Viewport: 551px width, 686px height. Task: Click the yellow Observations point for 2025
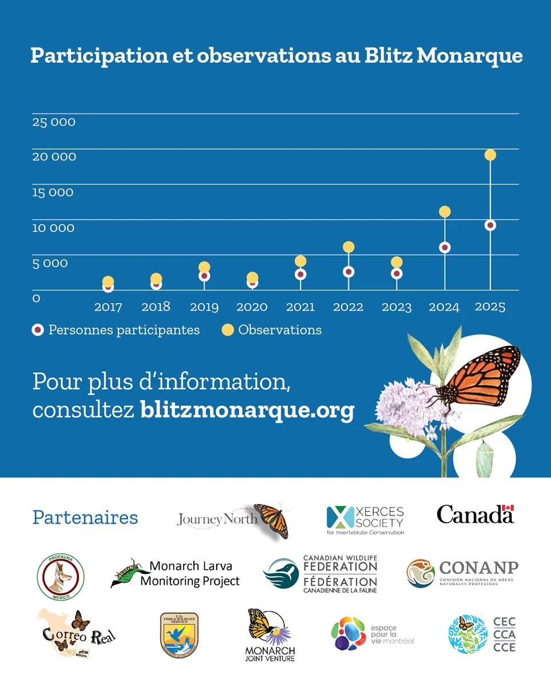(x=490, y=155)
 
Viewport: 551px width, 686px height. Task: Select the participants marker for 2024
(x=445, y=248)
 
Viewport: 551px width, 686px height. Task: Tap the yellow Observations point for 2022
(x=348, y=247)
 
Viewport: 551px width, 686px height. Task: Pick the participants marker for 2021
(x=300, y=274)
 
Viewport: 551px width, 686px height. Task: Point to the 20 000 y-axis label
(x=54, y=157)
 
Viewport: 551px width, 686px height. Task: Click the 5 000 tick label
(x=50, y=263)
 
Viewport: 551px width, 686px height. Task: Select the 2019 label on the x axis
(x=204, y=307)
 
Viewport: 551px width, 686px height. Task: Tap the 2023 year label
(x=397, y=307)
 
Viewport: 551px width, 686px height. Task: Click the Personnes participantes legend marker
(x=38, y=330)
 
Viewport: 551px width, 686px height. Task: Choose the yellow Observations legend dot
(x=228, y=330)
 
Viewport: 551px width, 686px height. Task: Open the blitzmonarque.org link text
(x=247, y=410)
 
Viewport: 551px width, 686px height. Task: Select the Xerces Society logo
(x=365, y=519)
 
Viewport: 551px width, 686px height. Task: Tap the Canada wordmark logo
(x=475, y=514)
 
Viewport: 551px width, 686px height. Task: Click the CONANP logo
(x=462, y=573)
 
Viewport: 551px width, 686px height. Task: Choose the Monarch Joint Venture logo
(x=269, y=635)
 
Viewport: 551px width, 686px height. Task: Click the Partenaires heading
(x=85, y=517)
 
